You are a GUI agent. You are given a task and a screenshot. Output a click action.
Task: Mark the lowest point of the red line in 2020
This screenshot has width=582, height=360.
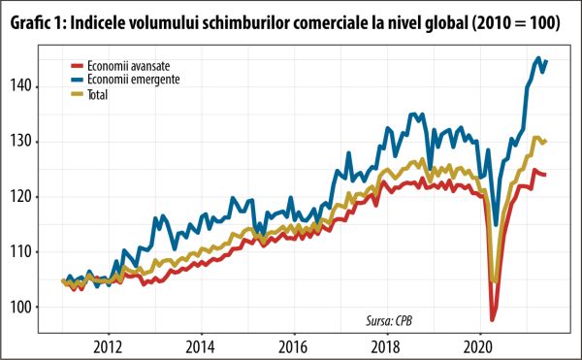click(493, 319)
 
